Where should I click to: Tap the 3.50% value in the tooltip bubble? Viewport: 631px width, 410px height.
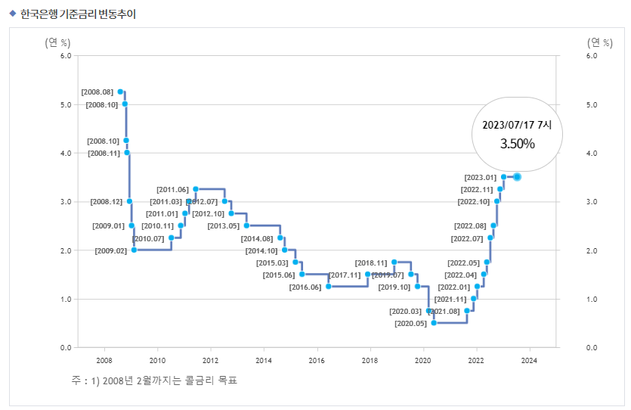point(517,143)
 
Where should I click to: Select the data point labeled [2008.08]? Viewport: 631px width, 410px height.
point(120,92)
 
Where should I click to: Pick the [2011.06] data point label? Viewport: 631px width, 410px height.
point(172,189)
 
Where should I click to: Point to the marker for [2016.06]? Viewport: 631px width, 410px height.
point(328,287)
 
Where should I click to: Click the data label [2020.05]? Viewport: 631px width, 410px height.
point(410,323)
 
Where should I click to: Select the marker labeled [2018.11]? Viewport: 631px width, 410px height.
point(394,262)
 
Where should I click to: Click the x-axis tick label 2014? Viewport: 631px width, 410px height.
point(264,360)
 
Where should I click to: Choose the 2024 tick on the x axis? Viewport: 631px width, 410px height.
point(529,360)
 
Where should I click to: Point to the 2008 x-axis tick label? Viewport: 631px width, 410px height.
point(104,360)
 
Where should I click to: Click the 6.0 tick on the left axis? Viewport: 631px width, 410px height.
point(65,55)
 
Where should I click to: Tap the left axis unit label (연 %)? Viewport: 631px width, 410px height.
point(59,42)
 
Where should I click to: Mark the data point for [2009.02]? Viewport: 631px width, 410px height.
point(134,250)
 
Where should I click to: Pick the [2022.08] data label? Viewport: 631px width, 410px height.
point(470,225)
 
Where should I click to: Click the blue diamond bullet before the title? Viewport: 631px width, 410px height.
point(12,13)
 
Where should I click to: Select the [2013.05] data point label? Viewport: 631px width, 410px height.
point(223,225)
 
